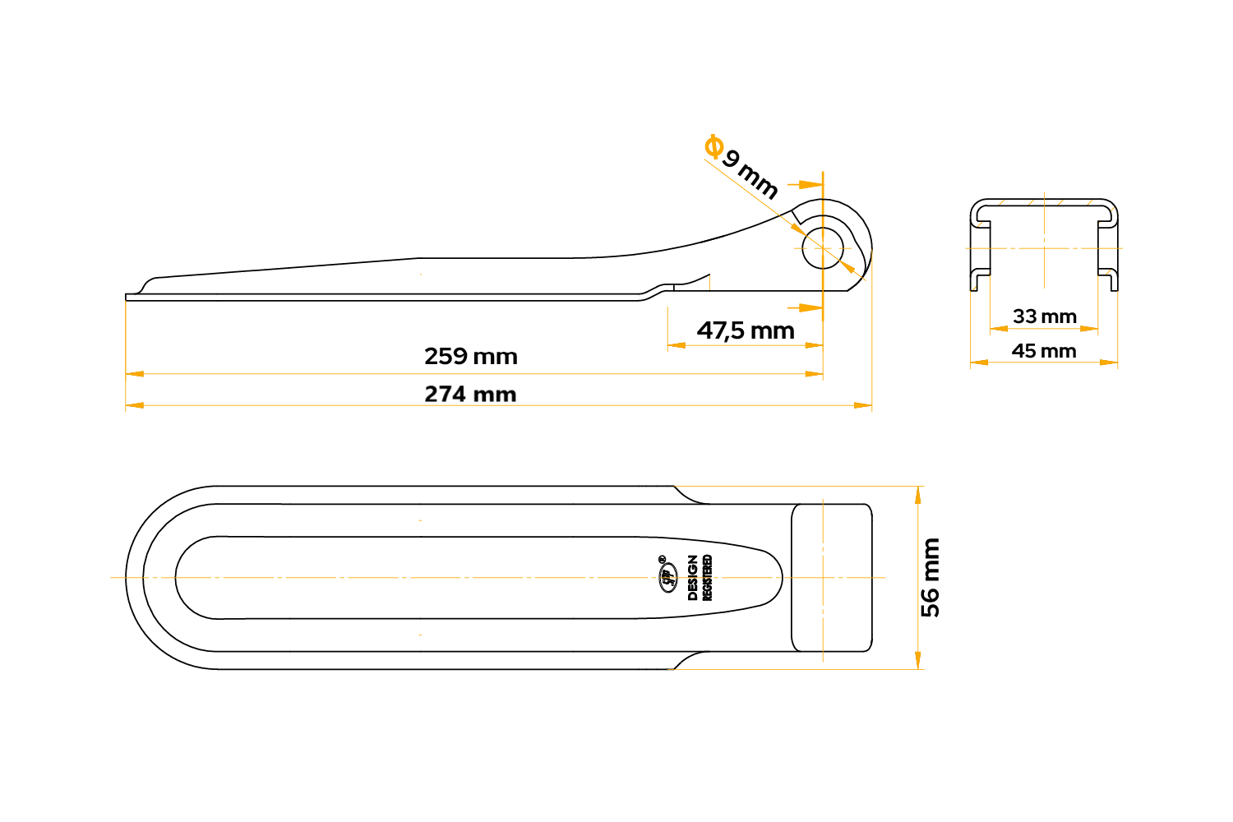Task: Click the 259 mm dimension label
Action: [471, 357]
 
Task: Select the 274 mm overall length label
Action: [471, 395]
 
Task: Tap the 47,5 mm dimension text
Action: [746, 331]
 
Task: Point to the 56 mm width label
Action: [931, 578]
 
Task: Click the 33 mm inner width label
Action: [1044, 316]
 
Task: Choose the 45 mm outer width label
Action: [1044, 351]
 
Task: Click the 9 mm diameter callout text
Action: [750, 174]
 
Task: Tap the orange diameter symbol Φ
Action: [714, 146]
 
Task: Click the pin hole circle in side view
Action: [822, 248]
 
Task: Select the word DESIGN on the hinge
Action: [692, 578]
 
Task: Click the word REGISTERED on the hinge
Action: [707, 578]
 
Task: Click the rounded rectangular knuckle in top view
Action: [832, 578]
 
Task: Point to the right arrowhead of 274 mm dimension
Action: [863, 406]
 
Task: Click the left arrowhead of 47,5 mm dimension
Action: [677, 346]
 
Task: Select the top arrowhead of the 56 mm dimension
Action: [917, 495]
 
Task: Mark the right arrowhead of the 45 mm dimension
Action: [1109, 363]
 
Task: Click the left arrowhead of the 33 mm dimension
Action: [999, 329]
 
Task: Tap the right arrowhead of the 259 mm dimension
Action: [814, 374]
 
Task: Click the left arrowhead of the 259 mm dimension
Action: [135, 374]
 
